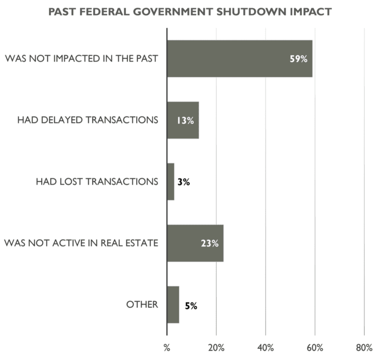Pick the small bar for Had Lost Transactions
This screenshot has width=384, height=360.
pos(170,181)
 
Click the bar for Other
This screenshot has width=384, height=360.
pos(173,304)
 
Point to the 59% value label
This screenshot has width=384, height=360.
pos(299,59)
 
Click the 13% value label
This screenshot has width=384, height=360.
pos(185,120)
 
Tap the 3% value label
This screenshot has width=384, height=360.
pos(183,182)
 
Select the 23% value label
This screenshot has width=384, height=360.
pos(210,243)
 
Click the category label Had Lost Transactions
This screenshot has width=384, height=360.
pos(97,181)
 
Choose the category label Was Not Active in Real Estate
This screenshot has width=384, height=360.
pos(81,243)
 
